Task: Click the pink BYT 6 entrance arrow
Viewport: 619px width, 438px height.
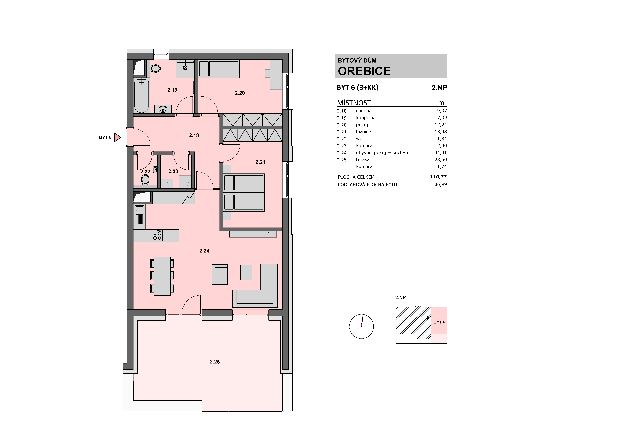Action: [x=117, y=137]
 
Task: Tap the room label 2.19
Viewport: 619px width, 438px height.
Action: [x=172, y=90]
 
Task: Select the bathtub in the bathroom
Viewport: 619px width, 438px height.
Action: [x=142, y=96]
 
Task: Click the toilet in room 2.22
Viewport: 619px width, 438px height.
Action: [x=145, y=179]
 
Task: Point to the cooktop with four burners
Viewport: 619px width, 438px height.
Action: [x=157, y=235]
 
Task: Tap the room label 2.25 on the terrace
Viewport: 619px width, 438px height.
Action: [x=215, y=362]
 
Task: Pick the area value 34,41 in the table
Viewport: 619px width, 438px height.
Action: [x=441, y=152]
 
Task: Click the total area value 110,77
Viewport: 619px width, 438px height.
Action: [x=438, y=177]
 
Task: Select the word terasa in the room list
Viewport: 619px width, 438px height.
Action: [x=363, y=160]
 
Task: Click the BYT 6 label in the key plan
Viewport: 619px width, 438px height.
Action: [x=439, y=322]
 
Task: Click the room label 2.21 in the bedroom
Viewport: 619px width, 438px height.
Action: [x=260, y=162]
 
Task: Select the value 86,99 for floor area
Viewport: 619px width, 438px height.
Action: [x=441, y=184]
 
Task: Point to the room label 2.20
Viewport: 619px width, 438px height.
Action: [x=240, y=93]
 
